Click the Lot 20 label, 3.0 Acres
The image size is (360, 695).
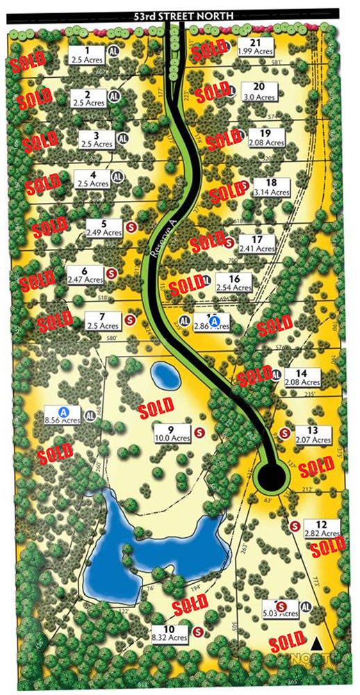click(x=259, y=90)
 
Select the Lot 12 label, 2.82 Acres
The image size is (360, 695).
click(x=321, y=529)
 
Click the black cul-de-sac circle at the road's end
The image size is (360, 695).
click(x=271, y=477)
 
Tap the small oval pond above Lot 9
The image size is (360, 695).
click(x=165, y=376)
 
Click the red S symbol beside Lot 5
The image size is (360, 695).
click(x=132, y=226)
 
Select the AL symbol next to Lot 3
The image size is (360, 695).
click(x=123, y=138)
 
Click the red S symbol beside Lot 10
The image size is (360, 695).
click(x=197, y=632)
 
